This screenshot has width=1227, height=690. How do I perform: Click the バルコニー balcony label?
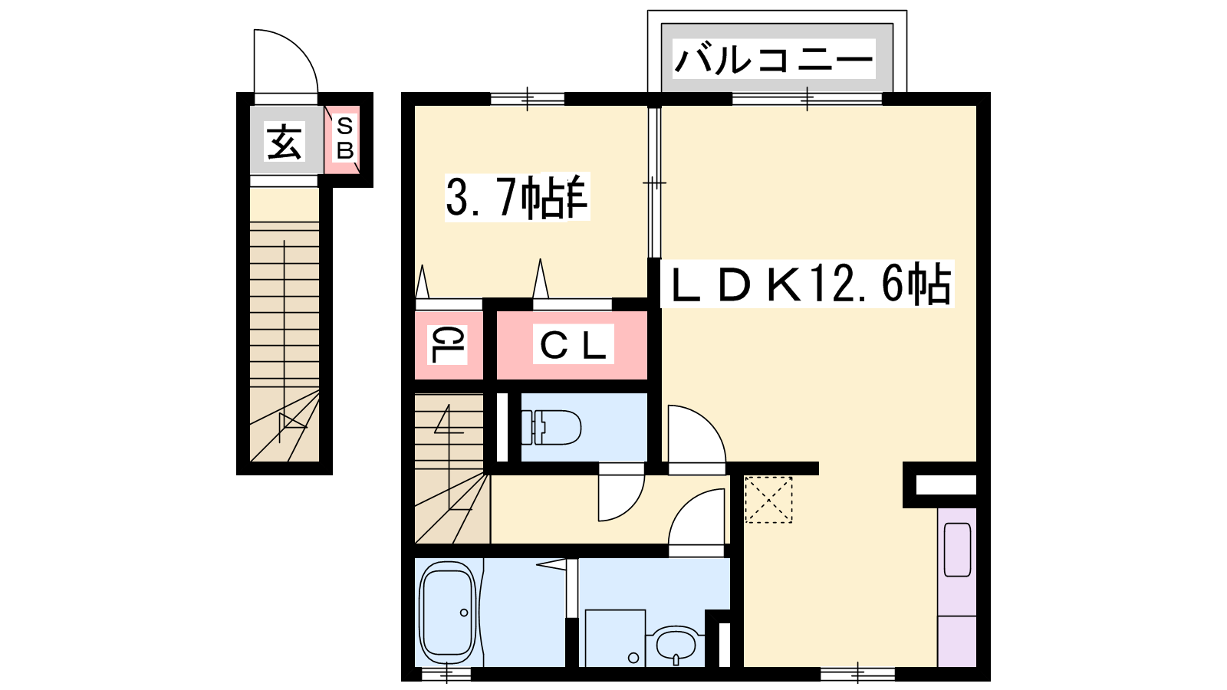pyautogui.click(x=774, y=58)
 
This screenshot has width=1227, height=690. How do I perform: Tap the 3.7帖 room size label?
pyautogui.click(x=517, y=197)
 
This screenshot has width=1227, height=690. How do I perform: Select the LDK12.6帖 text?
pyautogui.click(x=808, y=284)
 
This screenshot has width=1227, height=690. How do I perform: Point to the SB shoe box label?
pyautogui.click(x=344, y=138)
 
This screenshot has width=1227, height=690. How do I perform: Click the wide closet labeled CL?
pyautogui.click(x=572, y=344)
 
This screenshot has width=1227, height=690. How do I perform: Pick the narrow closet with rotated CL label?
pyautogui.click(x=449, y=344)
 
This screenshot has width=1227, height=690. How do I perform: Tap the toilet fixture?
pyautogui.click(x=551, y=427)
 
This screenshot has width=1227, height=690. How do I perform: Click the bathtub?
pyautogui.click(x=448, y=613)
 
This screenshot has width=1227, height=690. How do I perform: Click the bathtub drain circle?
pyautogui.click(x=464, y=613)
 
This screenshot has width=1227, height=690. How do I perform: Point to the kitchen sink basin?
pyautogui.click(x=958, y=549)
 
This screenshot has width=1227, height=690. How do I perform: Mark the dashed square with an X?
pyautogui.click(x=768, y=499)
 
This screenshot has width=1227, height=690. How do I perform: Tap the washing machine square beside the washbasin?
pyautogui.click(x=615, y=638)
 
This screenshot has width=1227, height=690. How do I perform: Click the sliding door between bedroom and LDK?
pyautogui.click(x=654, y=182)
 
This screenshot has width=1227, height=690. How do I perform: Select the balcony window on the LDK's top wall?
pyautogui.click(x=807, y=99)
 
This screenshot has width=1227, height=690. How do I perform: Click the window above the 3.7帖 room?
pyautogui.click(x=527, y=99)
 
